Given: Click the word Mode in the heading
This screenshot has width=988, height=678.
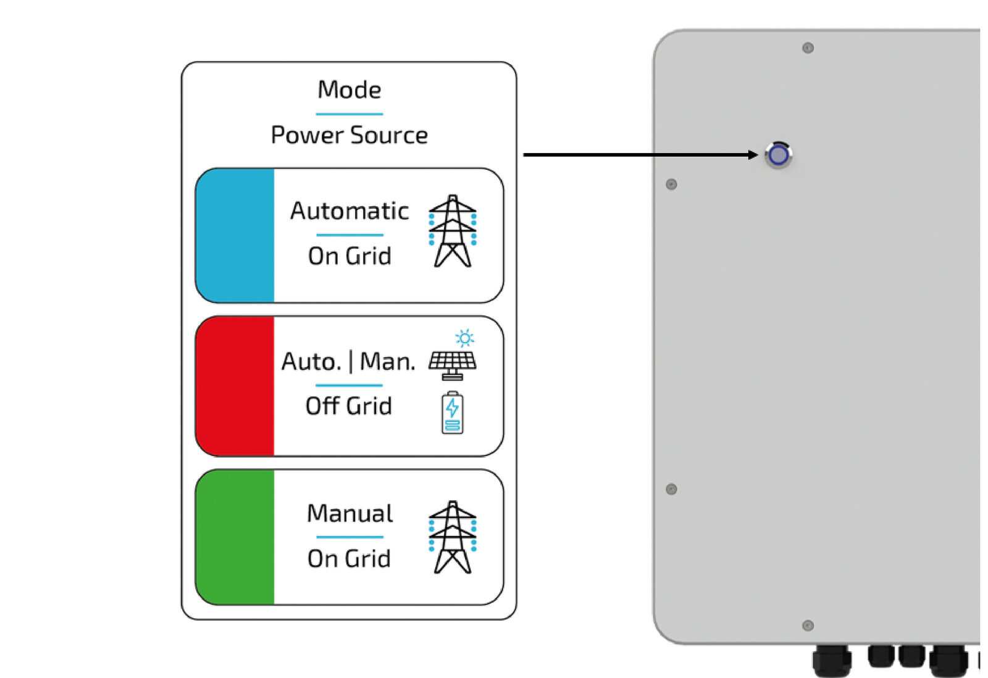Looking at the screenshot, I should pyautogui.click(x=349, y=90).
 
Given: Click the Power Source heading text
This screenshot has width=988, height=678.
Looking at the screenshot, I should pyautogui.click(x=349, y=135).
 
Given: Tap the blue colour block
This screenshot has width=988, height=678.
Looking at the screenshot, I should pyautogui.click(x=235, y=235).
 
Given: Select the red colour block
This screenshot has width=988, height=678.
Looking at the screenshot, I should pyautogui.click(x=235, y=386).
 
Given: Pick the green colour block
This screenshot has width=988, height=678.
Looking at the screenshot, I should pyautogui.click(x=235, y=537).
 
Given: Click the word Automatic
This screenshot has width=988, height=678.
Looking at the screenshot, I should pyautogui.click(x=350, y=211).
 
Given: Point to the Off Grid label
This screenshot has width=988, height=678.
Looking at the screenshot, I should pyautogui.click(x=349, y=406).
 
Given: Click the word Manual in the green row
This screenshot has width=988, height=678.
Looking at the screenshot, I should pyautogui.click(x=350, y=514).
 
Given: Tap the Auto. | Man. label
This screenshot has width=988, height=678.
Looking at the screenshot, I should pyautogui.click(x=348, y=362).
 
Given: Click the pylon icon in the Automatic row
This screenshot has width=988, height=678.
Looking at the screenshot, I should pyautogui.click(x=453, y=231).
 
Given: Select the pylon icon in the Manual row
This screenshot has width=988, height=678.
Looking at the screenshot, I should pyautogui.click(x=453, y=537).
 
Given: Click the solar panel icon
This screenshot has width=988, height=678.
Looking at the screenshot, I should pyautogui.click(x=453, y=364).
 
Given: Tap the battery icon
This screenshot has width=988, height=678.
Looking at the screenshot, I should pyautogui.click(x=453, y=412).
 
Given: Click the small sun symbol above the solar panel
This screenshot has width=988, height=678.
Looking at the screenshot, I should pyautogui.click(x=464, y=338).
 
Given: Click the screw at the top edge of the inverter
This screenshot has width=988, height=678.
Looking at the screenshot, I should pyautogui.click(x=808, y=48).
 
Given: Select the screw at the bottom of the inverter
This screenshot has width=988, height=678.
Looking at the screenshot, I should pyautogui.click(x=808, y=626).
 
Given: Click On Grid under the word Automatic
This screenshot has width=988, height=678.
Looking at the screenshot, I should pyautogui.click(x=350, y=256).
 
